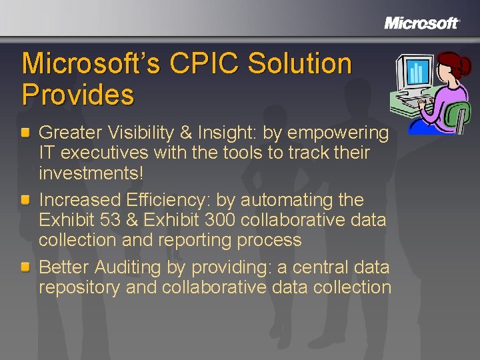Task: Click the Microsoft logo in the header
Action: tap(422, 23)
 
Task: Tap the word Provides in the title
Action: tap(77, 95)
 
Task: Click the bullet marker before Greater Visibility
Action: tap(25, 133)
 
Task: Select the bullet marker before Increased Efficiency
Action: tap(25, 200)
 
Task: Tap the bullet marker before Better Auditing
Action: tap(25, 268)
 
